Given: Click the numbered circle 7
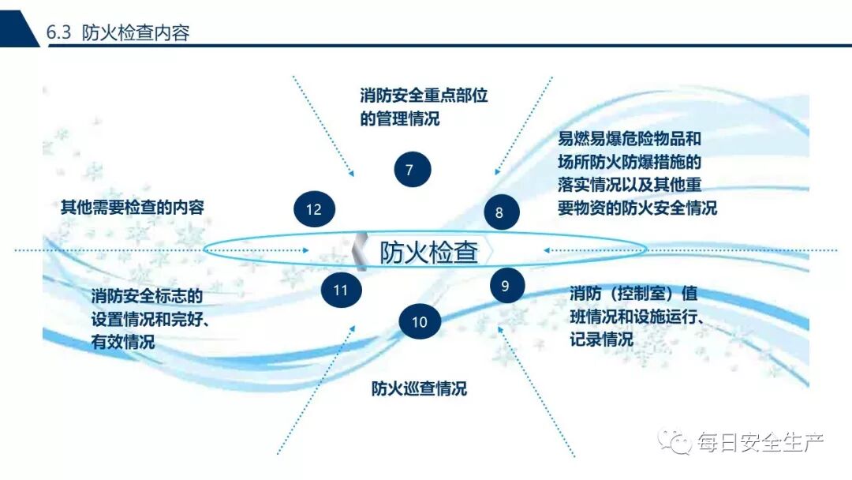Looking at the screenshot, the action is click(409, 170).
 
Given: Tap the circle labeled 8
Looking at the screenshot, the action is click(499, 212).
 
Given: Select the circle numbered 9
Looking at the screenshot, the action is click(506, 286).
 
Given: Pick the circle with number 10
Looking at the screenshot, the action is click(419, 321).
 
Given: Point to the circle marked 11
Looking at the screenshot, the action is click(340, 290).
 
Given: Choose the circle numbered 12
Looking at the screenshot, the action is click(314, 209).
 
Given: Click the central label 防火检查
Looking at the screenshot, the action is click(429, 252).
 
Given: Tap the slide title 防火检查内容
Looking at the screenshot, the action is click(136, 33).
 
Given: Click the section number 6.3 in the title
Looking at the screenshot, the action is click(59, 33).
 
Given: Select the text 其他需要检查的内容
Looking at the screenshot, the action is click(133, 208).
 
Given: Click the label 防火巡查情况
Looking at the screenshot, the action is click(419, 389).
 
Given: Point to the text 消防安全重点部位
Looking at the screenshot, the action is click(424, 96).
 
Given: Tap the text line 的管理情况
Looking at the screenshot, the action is click(400, 119).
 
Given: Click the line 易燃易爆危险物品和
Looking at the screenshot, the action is click(630, 140).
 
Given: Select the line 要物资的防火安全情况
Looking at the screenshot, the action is click(637, 208).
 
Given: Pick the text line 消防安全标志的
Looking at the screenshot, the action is click(148, 297).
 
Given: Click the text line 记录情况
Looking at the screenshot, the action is click(601, 340).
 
